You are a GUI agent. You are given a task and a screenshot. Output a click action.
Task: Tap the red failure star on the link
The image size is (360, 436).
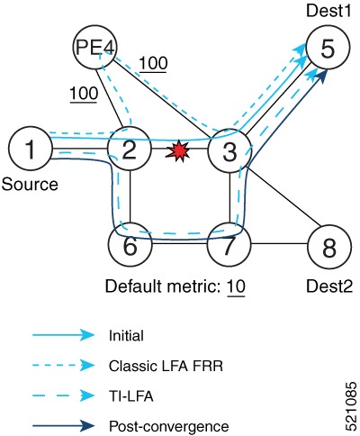point(181,150)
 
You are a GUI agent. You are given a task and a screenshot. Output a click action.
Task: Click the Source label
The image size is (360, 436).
point(31,186)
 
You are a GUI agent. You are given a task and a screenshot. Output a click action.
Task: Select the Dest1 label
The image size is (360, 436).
point(329,12)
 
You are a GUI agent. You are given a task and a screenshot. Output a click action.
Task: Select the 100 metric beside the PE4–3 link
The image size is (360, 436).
point(152,64)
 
